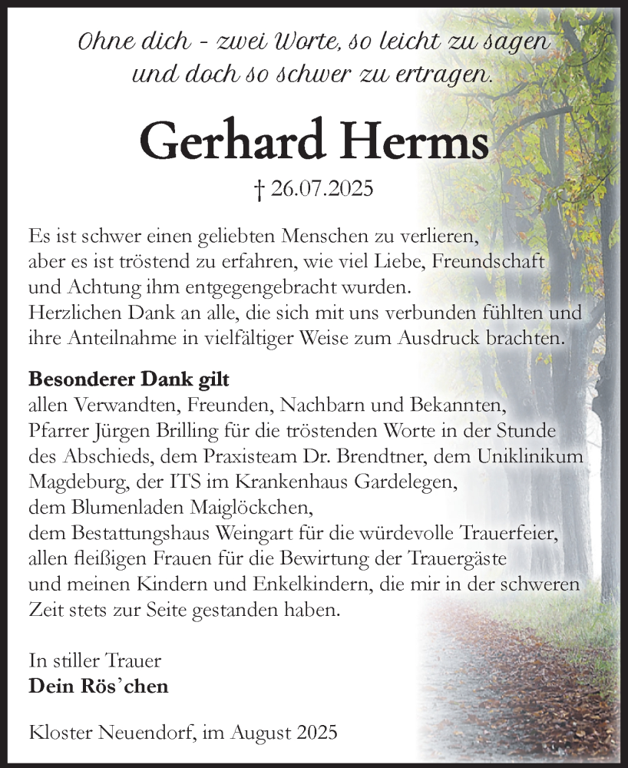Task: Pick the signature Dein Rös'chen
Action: [98, 687]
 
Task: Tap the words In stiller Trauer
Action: [94, 660]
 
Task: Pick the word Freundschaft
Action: [488, 260]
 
